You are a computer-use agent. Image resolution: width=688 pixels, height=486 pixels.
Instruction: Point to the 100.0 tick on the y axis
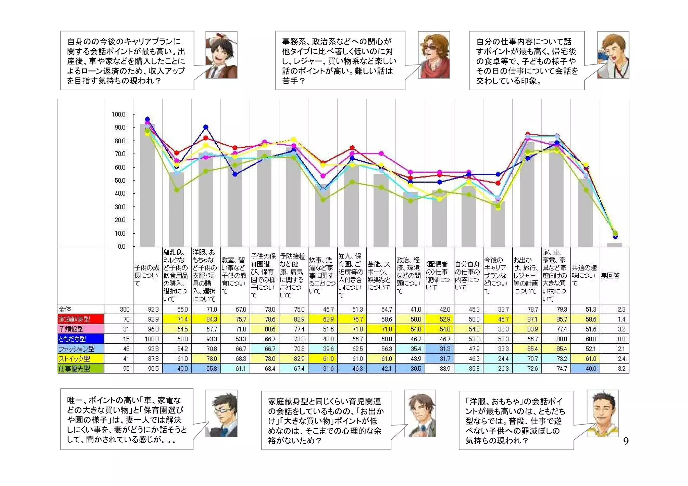[118, 114]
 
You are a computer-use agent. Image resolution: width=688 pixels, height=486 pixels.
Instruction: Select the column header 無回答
[610, 276]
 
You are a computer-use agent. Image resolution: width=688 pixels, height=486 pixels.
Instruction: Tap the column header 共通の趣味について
[585, 275]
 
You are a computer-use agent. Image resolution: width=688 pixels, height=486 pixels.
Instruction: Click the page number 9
[626, 441]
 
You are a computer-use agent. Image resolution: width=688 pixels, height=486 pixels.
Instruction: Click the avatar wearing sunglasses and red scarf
[434, 55]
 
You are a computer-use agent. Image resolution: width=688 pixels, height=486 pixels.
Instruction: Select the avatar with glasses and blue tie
[221, 414]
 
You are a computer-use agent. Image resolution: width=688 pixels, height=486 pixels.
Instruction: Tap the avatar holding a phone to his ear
[613, 55]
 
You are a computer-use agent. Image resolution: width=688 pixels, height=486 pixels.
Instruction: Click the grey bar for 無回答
[614, 245]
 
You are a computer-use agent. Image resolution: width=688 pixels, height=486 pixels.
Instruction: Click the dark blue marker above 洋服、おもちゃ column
[206, 127]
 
